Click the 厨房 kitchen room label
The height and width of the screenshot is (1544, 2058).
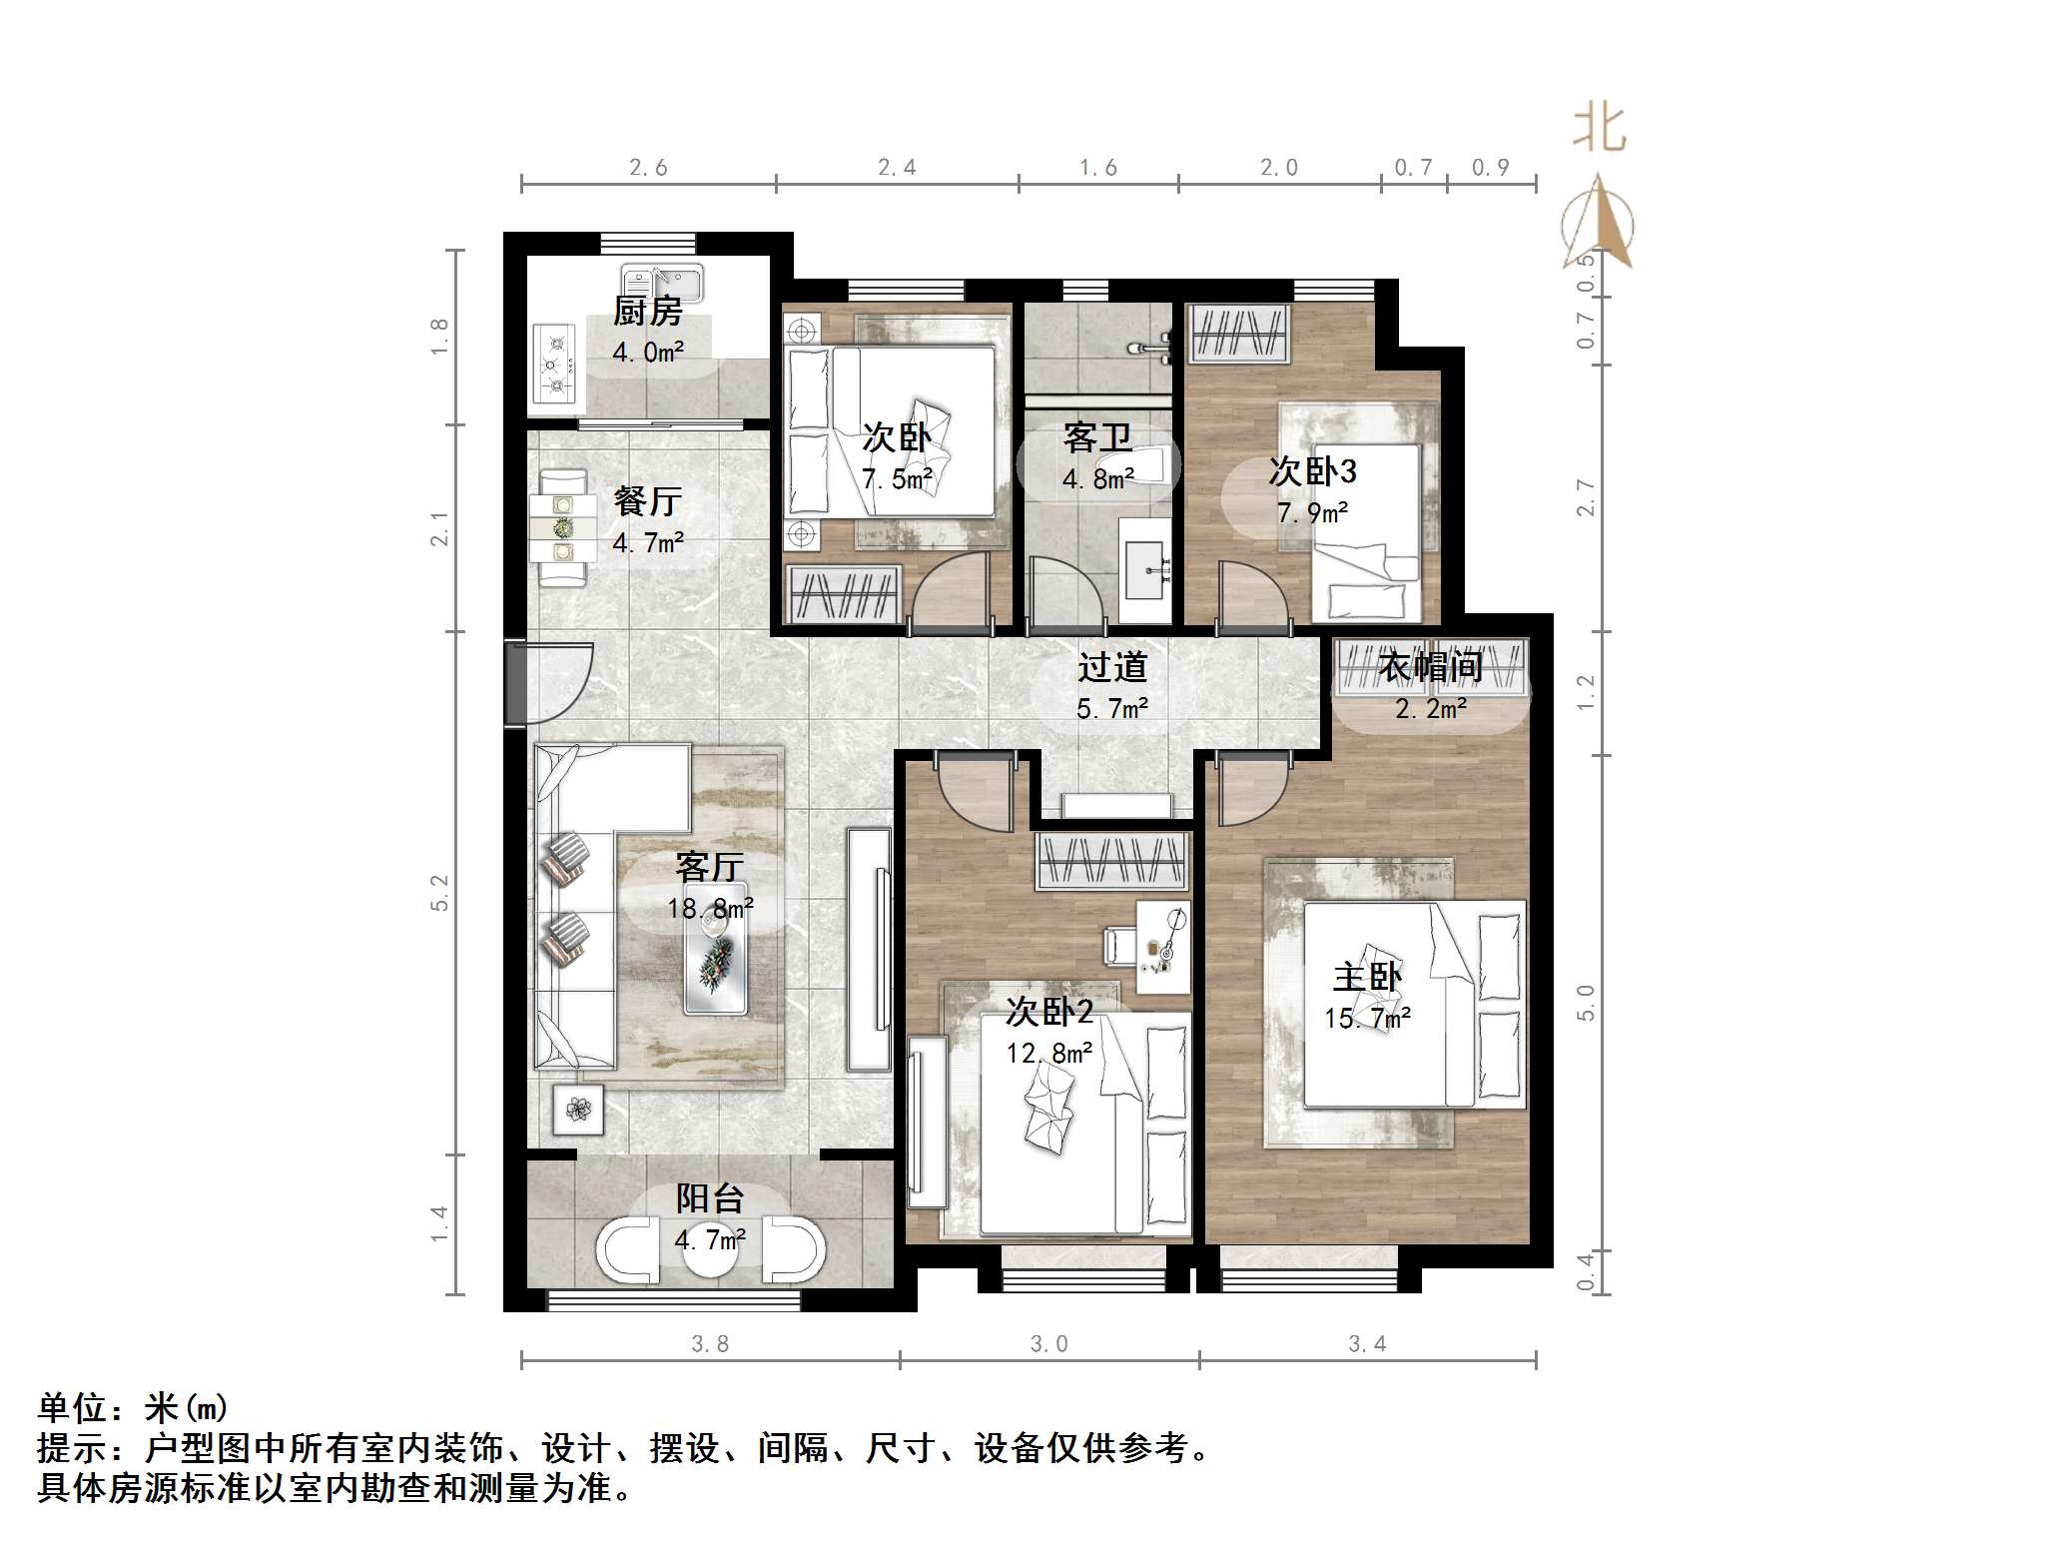pyautogui.click(x=647, y=311)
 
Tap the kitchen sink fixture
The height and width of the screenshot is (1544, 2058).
pyautogui.click(x=661, y=283)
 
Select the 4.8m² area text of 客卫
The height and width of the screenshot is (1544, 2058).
pyautogui.click(x=1097, y=479)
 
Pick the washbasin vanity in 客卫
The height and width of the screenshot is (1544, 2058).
pyautogui.click(x=1146, y=570)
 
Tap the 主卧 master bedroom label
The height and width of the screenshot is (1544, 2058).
pyautogui.click(x=1367, y=976)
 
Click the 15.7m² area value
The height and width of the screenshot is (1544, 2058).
pyautogui.click(x=1367, y=1019)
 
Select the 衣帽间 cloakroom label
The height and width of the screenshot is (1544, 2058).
pyautogui.click(x=1430, y=666)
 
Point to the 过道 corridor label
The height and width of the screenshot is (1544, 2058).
pyautogui.click(x=1111, y=666)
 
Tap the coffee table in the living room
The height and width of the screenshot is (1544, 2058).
pyautogui.click(x=715, y=962)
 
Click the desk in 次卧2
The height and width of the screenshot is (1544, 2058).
pyautogui.click(x=1162, y=947)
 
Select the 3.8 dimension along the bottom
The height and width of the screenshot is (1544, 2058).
pyautogui.click(x=710, y=1344)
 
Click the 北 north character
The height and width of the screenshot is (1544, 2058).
pyautogui.click(x=1599, y=130)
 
